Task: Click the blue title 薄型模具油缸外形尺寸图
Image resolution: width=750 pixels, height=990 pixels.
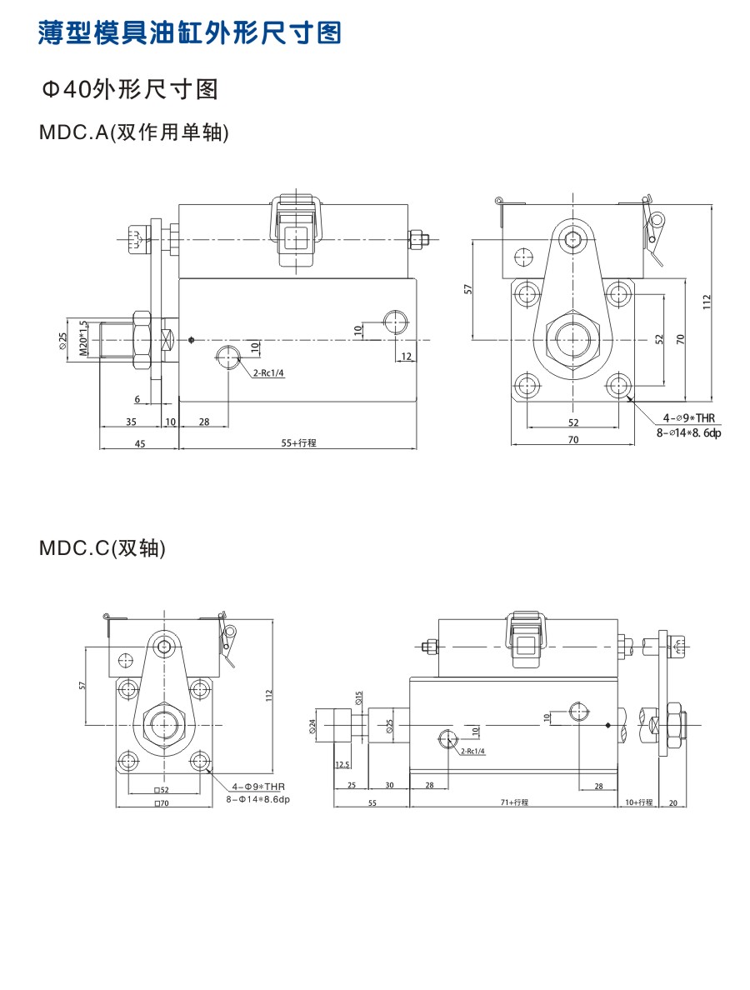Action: (x=190, y=33)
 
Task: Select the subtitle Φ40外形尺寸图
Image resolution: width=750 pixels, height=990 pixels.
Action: (x=130, y=89)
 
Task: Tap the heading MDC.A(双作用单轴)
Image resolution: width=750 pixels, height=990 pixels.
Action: (x=133, y=132)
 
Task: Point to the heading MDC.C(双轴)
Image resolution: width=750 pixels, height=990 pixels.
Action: (x=102, y=548)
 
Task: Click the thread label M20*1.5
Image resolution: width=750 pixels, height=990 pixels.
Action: (x=83, y=339)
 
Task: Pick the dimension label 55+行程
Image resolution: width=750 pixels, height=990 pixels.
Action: (x=298, y=442)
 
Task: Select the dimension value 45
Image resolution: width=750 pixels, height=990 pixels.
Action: (x=139, y=443)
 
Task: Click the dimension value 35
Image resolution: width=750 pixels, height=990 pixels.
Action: (x=131, y=422)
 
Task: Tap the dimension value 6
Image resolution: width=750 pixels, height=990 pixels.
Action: (x=137, y=400)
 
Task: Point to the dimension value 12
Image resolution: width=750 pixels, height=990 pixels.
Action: (x=407, y=356)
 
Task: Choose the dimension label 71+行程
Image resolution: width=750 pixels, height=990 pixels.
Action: (x=514, y=802)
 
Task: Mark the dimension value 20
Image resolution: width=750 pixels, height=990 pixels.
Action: (x=673, y=802)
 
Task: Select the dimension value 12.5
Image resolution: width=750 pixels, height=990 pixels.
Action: (x=342, y=763)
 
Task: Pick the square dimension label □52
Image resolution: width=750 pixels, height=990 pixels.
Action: (x=161, y=789)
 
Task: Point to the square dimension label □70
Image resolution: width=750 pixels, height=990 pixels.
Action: (x=161, y=804)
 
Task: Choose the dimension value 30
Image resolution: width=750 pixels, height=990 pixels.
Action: (x=389, y=785)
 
